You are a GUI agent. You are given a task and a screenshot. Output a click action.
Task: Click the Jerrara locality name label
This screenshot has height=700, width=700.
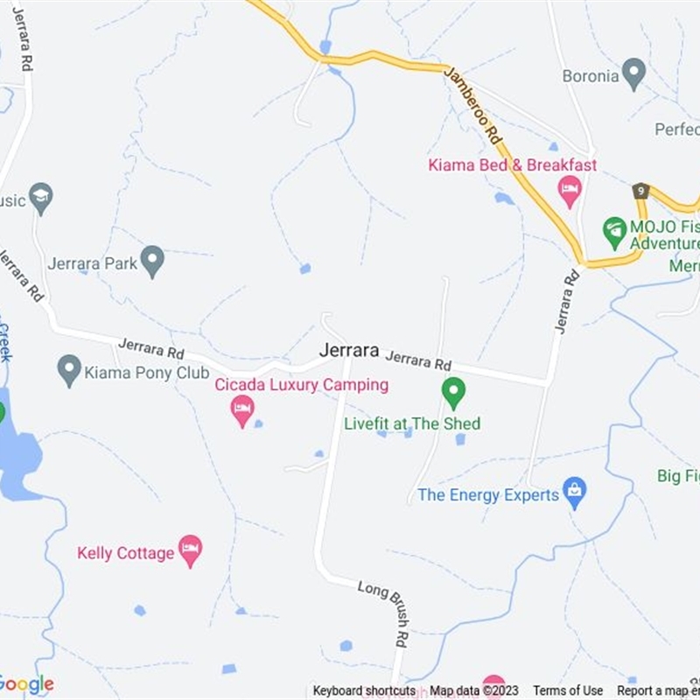pyautogui.click(x=349, y=351)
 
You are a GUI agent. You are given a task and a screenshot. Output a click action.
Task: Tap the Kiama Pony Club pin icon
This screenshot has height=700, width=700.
pyautogui.click(x=69, y=370)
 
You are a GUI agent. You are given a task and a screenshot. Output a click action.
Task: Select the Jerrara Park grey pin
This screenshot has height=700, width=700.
pyautogui.click(x=153, y=261)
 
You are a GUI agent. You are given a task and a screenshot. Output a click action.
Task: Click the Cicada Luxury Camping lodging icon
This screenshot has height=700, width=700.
pyautogui.click(x=242, y=409)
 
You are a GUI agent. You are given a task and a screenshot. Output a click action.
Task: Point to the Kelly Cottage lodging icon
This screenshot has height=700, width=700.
pyautogui.click(x=190, y=550)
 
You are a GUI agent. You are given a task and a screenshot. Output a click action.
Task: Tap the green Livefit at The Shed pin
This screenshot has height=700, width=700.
pyautogui.click(x=453, y=392)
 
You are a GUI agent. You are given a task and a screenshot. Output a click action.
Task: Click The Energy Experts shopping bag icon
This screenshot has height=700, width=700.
pyautogui.click(x=574, y=493)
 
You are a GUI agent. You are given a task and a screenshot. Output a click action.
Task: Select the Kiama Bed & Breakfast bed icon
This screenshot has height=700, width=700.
pyautogui.click(x=570, y=190)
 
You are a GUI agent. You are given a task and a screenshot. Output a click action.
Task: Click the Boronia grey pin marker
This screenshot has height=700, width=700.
pyautogui.click(x=633, y=74)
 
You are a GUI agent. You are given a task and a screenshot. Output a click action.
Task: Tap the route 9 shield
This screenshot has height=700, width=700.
pyautogui.click(x=641, y=191)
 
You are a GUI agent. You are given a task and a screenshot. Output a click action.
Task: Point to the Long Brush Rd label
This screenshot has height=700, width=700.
pyautogui.click(x=383, y=612)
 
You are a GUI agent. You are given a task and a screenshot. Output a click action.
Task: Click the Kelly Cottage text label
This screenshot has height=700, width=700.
pyautogui.click(x=125, y=553)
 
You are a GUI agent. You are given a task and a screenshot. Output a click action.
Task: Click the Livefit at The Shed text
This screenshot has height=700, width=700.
pyautogui.click(x=412, y=423)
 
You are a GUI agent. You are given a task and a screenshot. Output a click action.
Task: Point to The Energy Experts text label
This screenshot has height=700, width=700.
pyautogui.click(x=487, y=495)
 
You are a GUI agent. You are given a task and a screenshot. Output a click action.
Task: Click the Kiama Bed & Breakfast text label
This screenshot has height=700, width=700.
pyautogui.click(x=512, y=164)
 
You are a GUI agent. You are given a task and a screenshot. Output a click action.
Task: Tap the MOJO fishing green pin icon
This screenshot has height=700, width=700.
pyautogui.click(x=615, y=231)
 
